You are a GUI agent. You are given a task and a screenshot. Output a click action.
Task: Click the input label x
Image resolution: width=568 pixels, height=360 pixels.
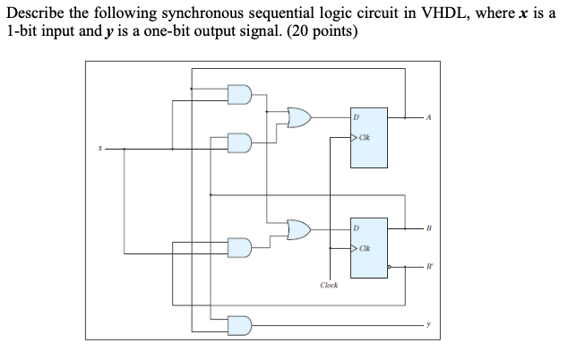coord(99,148)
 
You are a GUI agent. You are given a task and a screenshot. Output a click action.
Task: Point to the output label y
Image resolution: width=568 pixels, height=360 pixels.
coord(429,324)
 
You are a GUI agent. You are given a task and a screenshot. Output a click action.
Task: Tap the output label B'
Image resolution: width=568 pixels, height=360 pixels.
coord(429,266)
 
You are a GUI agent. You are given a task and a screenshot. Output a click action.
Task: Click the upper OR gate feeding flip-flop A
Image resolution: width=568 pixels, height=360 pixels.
coord(299,117)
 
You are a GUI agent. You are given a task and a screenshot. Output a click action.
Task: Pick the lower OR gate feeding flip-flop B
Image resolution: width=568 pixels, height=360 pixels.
coord(299,230)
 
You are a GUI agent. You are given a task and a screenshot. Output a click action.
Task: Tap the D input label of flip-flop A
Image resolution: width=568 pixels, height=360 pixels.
coord(356,117)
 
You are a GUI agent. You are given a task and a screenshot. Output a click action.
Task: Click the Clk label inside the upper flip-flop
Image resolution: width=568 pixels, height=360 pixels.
coord(364,137)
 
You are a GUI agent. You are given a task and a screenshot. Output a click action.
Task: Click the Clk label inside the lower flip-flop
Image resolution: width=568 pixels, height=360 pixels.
coord(364,248)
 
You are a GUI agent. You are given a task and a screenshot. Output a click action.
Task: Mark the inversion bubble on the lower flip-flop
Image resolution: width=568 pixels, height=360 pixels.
coord(390,266)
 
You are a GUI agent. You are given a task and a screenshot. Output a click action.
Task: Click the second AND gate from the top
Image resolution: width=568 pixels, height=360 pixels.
coord(240,142)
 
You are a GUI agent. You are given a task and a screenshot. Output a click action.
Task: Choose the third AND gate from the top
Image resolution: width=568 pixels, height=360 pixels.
coord(240,247)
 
